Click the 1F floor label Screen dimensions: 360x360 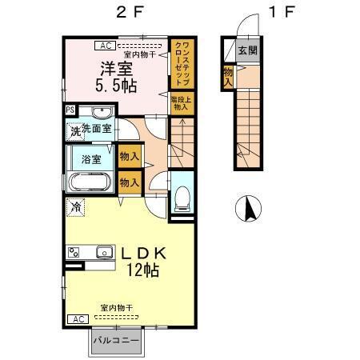280,13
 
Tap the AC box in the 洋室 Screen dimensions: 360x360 106,46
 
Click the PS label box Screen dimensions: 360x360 70,109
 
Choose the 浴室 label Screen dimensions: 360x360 93,158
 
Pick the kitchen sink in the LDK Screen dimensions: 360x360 105,254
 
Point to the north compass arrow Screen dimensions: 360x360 250,210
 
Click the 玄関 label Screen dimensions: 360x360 248,50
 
